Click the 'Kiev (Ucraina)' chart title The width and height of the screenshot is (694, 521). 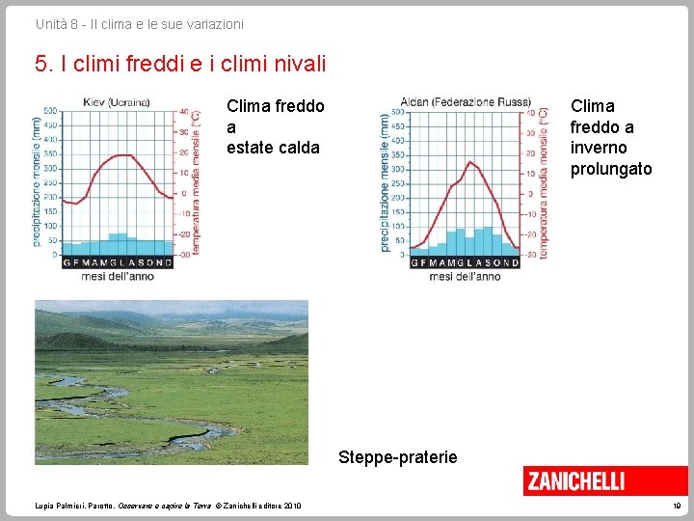pyautogui.click(x=115, y=102)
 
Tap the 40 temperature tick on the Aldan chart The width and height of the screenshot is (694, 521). pyautogui.click(x=530, y=111)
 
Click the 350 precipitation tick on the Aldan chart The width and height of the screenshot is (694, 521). pyautogui.click(x=399, y=155)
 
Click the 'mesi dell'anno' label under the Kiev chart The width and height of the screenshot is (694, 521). pyautogui.click(x=117, y=277)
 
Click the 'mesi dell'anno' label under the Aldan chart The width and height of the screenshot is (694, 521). pyautogui.click(x=465, y=277)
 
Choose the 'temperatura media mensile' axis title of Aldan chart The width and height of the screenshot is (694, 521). pyautogui.click(x=544, y=183)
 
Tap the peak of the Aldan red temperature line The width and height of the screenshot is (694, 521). pyautogui.click(x=469, y=162)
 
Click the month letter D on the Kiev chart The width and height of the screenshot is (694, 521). pyautogui.click(x=170, y=262)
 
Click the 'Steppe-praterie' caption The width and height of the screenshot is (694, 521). pyautogui.click(x=398, y=456)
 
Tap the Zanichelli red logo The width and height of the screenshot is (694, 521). pyautogui.click(x=575, y=480)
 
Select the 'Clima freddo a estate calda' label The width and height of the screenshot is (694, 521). pyautogui.click(x=275, y=126)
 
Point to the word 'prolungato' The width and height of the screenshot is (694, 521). pyautogui.click(x=611, y=169)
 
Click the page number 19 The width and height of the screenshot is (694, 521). pyautogui.click(x=678, y=505)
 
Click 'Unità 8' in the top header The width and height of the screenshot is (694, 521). pyautogui.click(x=57, y=23)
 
